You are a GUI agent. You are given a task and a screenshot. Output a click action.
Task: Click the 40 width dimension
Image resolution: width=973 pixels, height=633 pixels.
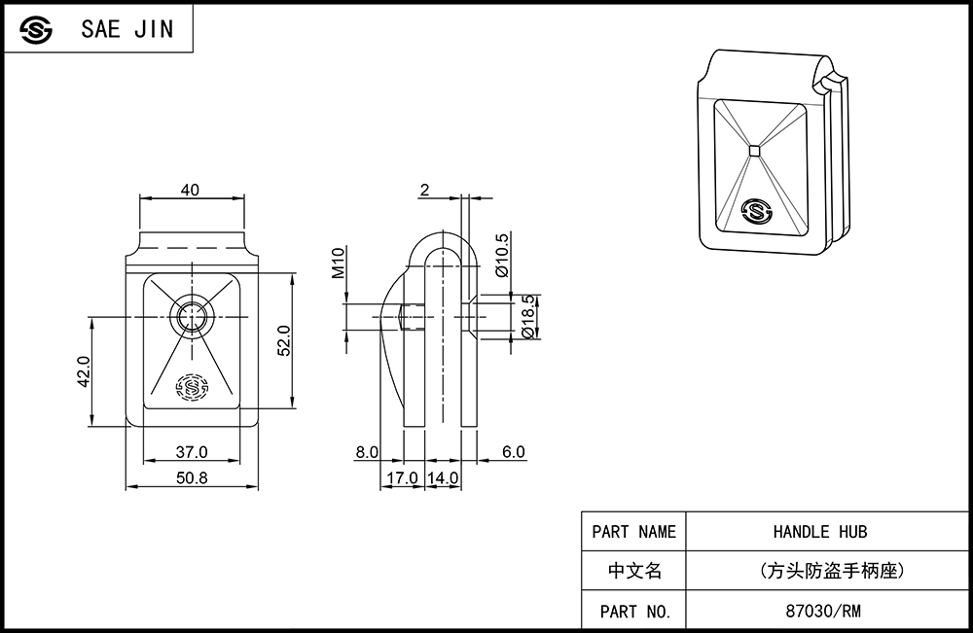[x=190, y=190]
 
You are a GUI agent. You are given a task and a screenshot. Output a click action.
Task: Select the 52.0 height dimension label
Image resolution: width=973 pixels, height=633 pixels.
[x=283, y=340]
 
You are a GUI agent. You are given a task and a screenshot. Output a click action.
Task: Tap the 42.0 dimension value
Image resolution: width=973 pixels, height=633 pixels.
[x=84, y=371]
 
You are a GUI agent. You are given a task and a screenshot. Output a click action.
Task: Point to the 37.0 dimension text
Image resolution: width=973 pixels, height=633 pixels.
[x=191, y=452]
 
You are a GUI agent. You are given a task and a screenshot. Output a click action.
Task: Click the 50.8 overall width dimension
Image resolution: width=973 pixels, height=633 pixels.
[x=192, y=478]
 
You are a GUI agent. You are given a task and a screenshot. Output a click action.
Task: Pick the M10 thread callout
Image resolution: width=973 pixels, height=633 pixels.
[x=338, y=263]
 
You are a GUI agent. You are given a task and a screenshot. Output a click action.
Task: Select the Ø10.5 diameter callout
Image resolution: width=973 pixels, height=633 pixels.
[x=502, y=255]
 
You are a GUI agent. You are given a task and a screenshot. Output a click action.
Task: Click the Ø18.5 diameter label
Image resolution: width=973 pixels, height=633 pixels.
[x=528, y=316]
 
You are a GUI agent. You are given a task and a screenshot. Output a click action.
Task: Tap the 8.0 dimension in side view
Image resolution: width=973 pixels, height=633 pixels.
[x=367, y=452]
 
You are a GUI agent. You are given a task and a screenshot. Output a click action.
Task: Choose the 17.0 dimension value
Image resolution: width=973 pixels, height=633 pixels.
[x=402, y=478]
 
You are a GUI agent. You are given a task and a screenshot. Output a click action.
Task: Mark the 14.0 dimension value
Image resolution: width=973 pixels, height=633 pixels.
[x=443, y=478]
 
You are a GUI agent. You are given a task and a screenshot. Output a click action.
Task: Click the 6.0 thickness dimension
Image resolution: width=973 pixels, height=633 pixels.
[x=513, y=452]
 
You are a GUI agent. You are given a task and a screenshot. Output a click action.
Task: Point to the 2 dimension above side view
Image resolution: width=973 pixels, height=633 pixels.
[x=424, y=190]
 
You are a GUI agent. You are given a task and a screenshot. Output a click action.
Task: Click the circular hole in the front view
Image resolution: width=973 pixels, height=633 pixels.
[x=192, y=317]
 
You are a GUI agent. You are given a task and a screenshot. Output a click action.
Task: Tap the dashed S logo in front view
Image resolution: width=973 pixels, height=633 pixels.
[x=192, y=388]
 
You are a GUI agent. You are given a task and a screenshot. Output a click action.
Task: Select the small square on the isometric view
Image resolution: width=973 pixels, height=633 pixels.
[x=755, y=150]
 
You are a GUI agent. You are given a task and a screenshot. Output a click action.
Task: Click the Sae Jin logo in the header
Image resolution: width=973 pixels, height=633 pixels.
[x=35, y=29]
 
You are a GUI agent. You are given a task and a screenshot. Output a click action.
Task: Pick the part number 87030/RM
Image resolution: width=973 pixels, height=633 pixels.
[x=823, y=612]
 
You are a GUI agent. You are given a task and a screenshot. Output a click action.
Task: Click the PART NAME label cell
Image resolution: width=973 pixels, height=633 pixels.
[x=633, y=531]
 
